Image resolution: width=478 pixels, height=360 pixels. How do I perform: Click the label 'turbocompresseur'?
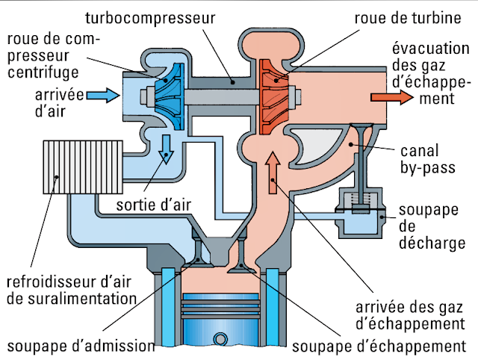coord(150,18)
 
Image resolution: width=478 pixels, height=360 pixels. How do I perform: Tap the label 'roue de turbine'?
coord(408,18)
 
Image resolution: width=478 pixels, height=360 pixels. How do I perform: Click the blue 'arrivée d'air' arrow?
coord(103,96)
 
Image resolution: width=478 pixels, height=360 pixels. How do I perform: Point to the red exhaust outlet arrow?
coord(392,97)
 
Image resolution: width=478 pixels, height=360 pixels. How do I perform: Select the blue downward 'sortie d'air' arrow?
coord(166,149)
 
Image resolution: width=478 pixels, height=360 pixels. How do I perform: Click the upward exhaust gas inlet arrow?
coord(273,173)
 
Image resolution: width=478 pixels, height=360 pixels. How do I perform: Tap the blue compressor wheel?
coord(170,96)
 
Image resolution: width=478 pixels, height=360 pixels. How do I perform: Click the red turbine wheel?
coord(274,96)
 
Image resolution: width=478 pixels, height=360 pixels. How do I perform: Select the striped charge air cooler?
coord(83,167)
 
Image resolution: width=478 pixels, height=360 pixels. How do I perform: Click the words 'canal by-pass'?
coord(428,159)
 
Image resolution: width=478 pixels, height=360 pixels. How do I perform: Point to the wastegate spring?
coord(361,199)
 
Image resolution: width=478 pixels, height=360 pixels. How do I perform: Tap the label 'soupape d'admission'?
coord(81,346)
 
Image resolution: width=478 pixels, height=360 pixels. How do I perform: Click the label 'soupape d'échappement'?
coord(379,346)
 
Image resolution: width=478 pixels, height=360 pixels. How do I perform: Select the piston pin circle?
coord(220,338)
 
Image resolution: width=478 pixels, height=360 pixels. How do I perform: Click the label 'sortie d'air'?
coord(154,205)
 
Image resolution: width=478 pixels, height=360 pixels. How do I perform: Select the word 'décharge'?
coord(432,243)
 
